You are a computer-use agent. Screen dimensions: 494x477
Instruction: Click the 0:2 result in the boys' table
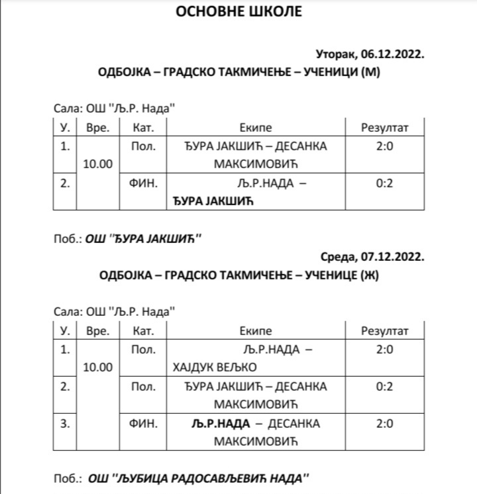(384, 183)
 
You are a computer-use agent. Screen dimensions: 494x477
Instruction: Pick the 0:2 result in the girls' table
(384, 386)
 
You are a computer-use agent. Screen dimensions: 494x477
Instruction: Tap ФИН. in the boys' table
(144, 183)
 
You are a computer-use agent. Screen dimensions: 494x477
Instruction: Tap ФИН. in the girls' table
(144, 423)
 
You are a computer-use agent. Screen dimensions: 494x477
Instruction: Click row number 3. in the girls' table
(65, 423)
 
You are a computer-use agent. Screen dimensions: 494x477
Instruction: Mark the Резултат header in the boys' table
(384, 127)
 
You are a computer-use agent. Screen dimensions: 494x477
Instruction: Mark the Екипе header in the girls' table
(256, 330)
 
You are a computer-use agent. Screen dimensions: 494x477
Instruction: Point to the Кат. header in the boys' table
(144, 127)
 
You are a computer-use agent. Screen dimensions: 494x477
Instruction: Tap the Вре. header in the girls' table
(98, 330)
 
